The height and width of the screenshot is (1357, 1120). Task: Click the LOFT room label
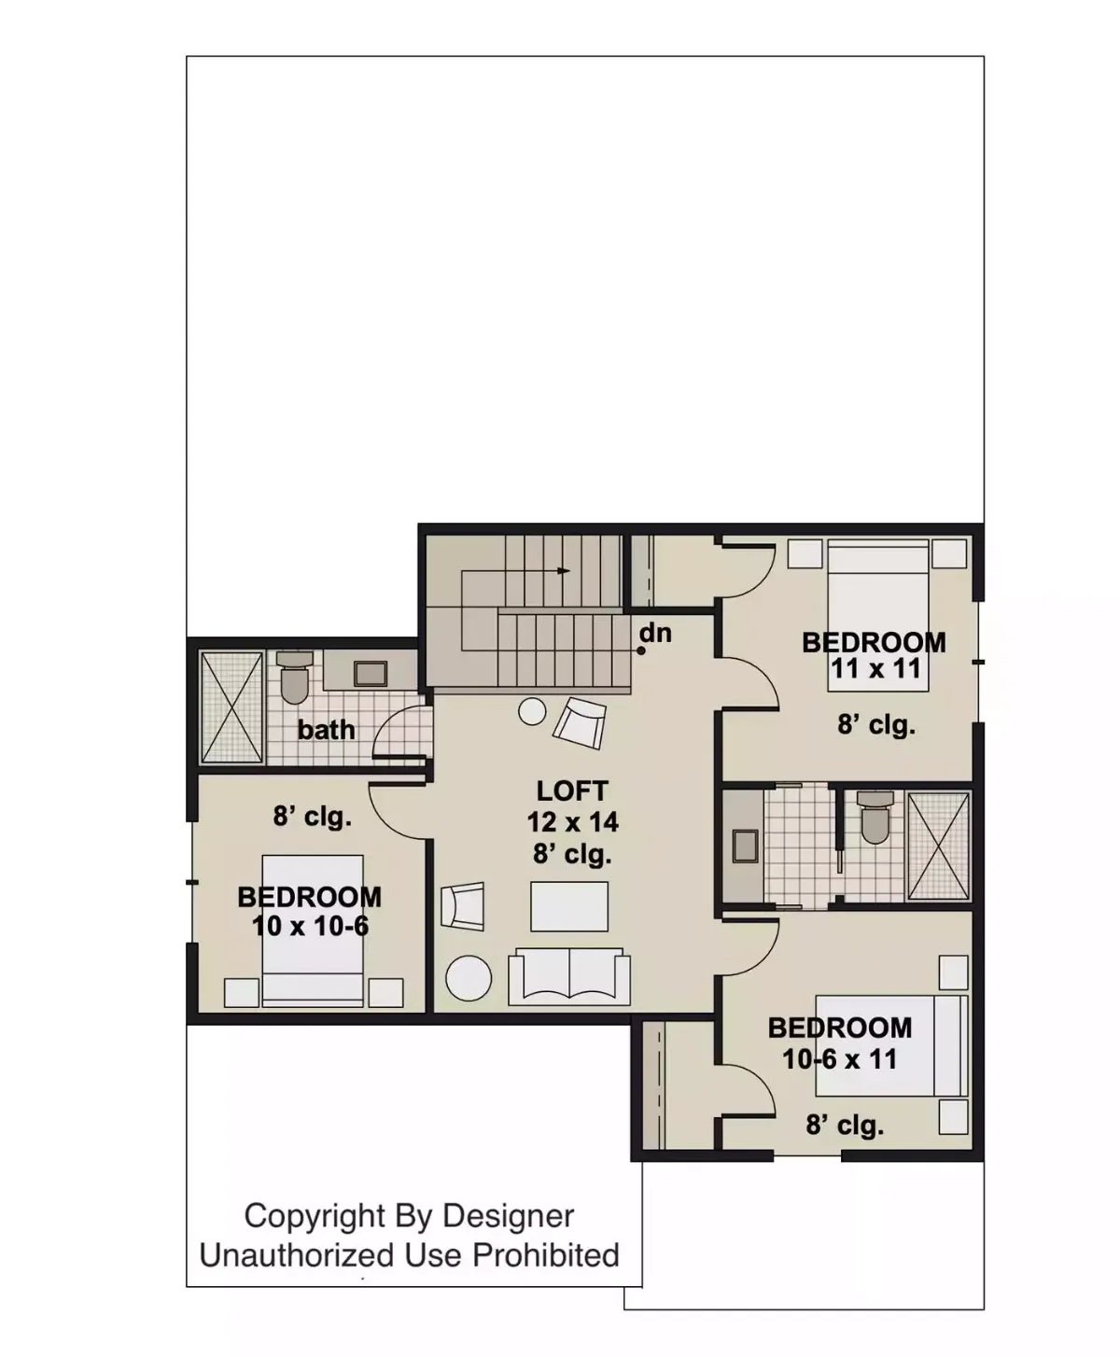click(571, 791)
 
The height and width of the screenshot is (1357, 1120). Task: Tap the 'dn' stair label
click(656, 633)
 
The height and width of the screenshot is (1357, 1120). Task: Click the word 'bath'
click(326, 730)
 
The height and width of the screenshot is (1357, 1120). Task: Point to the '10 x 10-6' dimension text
click(310, 926)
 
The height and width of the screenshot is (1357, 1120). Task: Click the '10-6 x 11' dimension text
click(839, 1059)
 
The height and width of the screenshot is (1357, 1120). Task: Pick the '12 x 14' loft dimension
click(572, 822)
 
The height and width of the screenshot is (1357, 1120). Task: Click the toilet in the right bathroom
click(875, 819)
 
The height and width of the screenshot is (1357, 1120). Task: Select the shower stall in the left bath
click(232, 706)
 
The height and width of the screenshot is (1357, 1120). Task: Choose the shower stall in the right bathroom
click(939, 846)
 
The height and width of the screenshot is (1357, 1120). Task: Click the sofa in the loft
click(567, 975)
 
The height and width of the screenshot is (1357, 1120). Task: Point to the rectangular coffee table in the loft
click(569, 905)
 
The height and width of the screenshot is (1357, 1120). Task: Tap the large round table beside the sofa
click(469, 978)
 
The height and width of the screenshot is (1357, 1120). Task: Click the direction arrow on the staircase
click(562, 570)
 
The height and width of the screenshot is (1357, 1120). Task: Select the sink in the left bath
click(371, 674)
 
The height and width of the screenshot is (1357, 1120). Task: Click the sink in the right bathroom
click(744, 845)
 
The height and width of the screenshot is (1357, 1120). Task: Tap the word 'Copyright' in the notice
click(315, 1216)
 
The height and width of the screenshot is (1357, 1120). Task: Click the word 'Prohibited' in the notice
click(546, 1255)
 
